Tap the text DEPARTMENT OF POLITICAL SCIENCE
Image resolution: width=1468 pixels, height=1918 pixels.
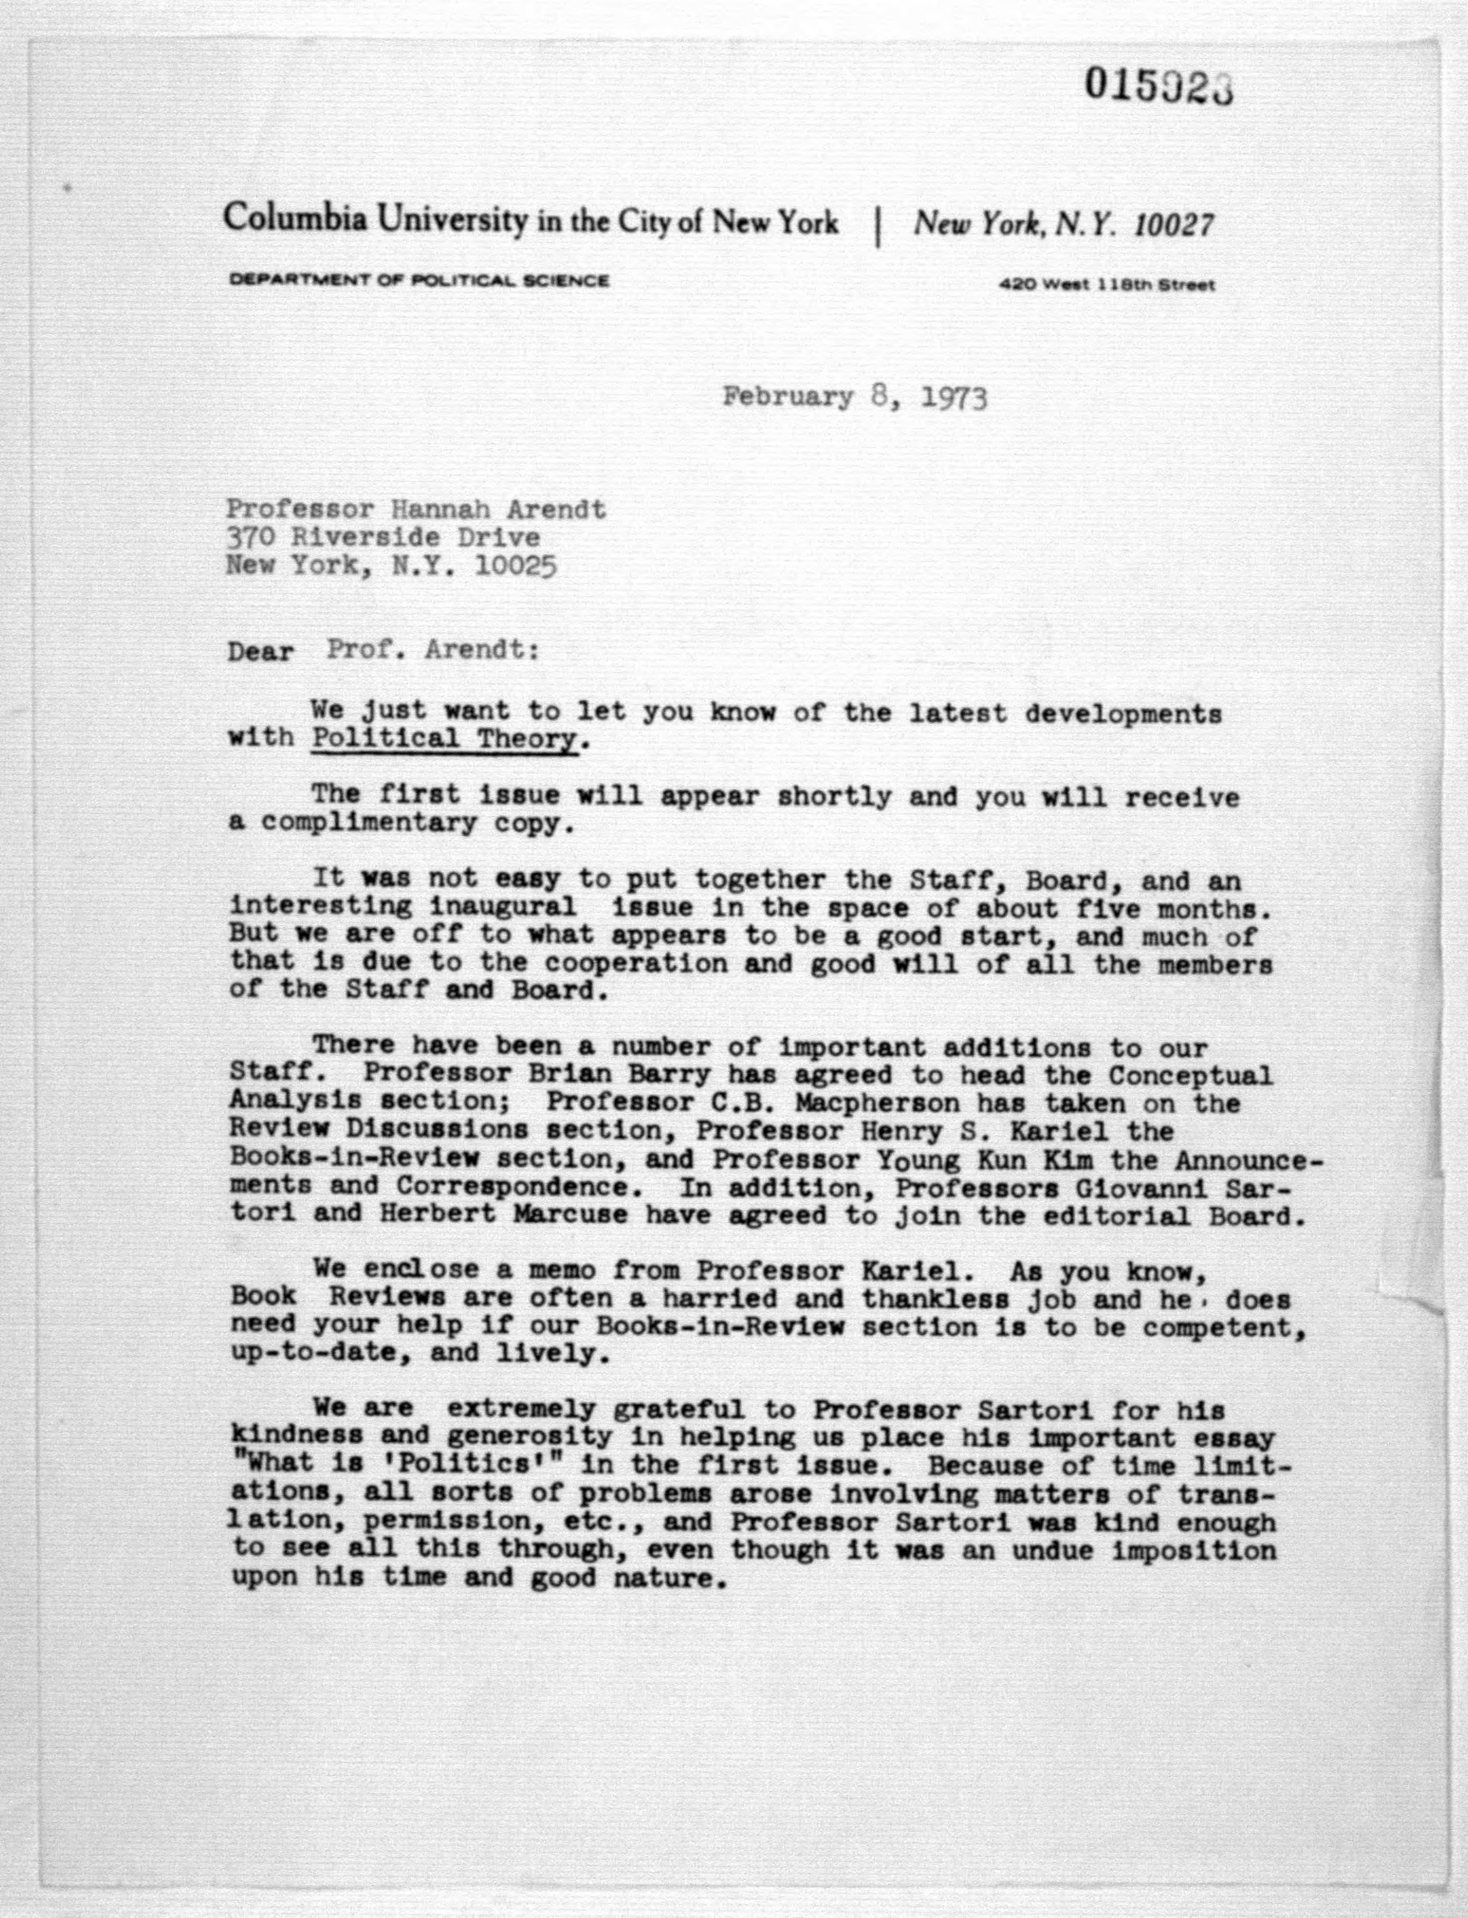pyautogui.click(x=419, y=281)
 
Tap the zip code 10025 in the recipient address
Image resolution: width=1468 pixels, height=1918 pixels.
pyautogui.click(x=515, y=566)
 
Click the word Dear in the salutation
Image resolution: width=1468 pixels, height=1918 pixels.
pyautogui.click(x=261, y=652)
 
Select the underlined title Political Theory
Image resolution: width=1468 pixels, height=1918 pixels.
pyautogui.click(x=445, y=739)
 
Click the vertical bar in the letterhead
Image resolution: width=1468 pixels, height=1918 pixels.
pyautogui.click(x=876, y=230)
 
